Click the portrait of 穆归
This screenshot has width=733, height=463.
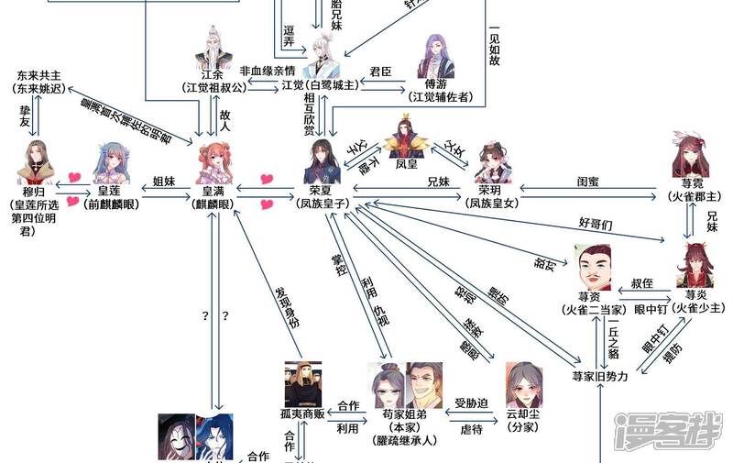(x=38, y=164)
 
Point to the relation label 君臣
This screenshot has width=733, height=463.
(x=380, y=71)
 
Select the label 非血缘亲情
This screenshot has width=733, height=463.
(x=267, y=71)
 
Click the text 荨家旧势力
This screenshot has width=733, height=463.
(x=600, y=377)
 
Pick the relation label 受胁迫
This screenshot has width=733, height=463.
(x=471, y=402)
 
